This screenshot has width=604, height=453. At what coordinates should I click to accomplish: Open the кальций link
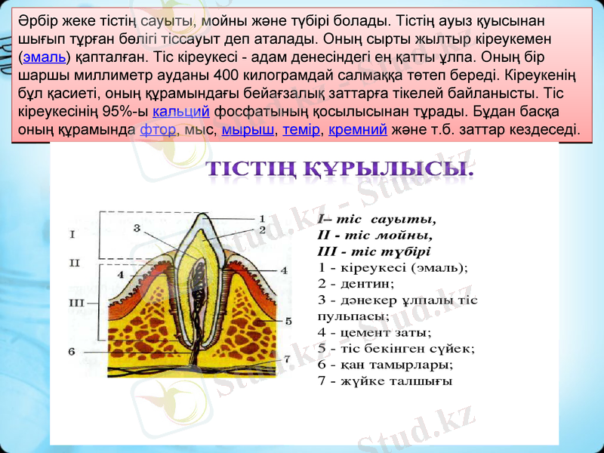tap(181, 112)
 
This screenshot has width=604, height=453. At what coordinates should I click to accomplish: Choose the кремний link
tap(359, 129)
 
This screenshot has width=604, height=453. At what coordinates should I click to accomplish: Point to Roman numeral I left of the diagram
tap(72, 234)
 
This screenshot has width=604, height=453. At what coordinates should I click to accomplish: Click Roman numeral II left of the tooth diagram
tap(74, 263)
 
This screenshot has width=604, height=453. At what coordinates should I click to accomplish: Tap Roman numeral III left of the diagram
tap(76, 302)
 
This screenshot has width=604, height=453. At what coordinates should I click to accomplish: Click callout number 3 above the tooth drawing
tap(137, 226)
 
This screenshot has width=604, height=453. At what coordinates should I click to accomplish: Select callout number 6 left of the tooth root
tap(71, 350)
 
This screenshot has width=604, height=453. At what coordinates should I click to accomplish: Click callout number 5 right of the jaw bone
tap(288, 321)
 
